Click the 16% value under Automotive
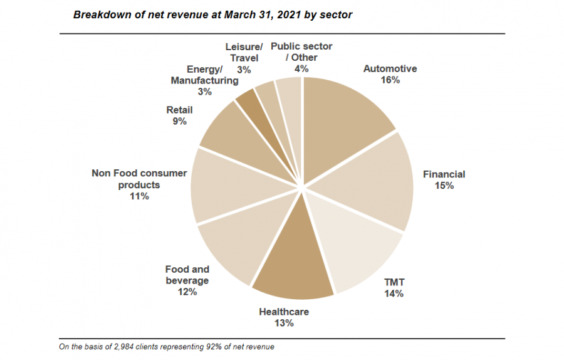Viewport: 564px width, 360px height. pyautogui.click(x=390, y=80)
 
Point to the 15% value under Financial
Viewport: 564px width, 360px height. pyautogui.click(x=444, y=186)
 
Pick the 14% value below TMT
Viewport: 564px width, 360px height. pyautogui.click(x=394, y=294)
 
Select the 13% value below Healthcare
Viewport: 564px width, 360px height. pyautogui.click(x=284, y=324)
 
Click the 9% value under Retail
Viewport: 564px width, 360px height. pyautogui.click(x=179, y=122)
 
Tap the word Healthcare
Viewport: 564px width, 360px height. pyautogui.click(x=284, y=312)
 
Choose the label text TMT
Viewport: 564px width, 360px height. pyautogui.click(x=394, y=282)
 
